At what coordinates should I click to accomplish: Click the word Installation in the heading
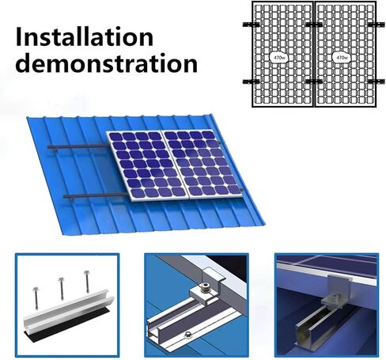tap(85, 36)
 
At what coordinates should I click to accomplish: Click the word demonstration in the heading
tap(107, 63)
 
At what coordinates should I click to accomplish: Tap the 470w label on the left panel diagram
tap(278, 57)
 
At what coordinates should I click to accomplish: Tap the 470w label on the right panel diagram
tap(342, 57)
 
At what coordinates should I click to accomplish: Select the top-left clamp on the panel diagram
tap(251, 25)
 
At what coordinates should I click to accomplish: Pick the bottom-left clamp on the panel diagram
tap(251, 81)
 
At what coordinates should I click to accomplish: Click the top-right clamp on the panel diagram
tap(377, 25)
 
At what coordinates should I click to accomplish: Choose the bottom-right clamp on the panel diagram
tap(377, 81)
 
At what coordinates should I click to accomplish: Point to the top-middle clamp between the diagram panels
tap(314, 25)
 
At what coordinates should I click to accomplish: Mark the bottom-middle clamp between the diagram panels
tap(314, 81)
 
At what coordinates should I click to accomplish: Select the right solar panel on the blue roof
tap(201, 164)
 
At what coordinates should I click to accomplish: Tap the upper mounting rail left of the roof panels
tap(78, 146)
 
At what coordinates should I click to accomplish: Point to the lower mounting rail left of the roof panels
tap(96, 195)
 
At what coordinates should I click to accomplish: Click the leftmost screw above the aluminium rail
tap(36, 298)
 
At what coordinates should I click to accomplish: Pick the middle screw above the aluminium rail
tap(62, 289)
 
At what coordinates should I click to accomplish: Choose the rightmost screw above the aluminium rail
tap(87, 282)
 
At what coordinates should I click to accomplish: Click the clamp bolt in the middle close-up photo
tap(205, 287)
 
